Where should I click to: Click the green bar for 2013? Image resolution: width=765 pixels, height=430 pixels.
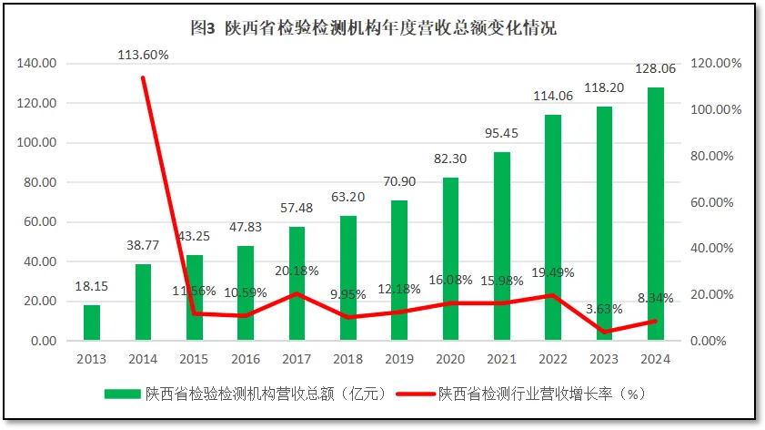click(92, 322)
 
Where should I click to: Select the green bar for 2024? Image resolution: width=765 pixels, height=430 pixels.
click(656, 214)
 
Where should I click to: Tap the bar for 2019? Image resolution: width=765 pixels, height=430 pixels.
click(399, 271)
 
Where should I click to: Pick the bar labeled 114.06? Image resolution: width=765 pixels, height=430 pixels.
click(553, 228)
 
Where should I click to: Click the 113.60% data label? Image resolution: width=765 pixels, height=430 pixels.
click(143, 55)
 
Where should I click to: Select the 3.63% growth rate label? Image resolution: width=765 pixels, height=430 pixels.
click(602, 309)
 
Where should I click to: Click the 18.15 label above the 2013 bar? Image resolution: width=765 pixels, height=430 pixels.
click(91, 286)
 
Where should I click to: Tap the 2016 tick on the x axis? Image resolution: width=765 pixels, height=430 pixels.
click(246, 359)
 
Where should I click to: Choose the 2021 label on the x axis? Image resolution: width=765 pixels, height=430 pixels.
click(502, 359)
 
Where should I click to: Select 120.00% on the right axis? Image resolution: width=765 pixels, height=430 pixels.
click(715, 64)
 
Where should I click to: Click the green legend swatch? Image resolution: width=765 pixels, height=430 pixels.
click(122, 394)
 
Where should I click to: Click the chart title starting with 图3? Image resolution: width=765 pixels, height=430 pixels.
click(374, 28)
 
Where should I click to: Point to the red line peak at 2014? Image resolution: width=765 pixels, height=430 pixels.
click(143, 77)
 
